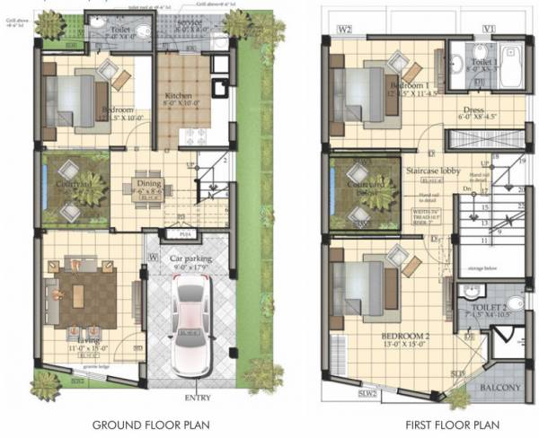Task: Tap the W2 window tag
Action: point(343,30)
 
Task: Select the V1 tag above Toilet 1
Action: point(490,30)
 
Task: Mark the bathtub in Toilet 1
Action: point(513,65)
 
